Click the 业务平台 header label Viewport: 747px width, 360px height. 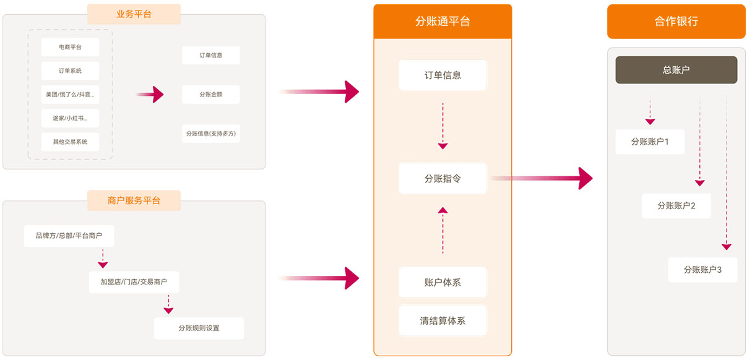[134, 14]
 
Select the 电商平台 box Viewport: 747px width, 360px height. [70, 47]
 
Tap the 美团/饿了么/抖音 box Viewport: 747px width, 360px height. [70, 94]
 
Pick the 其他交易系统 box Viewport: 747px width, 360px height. [70, 142]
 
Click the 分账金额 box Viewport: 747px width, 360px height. [210, 95]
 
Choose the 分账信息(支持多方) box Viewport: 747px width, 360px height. [210, 134]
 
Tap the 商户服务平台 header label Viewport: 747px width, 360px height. [134, 200]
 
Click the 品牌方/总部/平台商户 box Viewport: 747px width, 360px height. [69, 236]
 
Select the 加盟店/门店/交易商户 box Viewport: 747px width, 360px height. [134, 282]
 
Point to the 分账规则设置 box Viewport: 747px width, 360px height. [199, 328]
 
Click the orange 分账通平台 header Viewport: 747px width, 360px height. [443, 22]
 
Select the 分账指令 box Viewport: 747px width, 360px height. [443, 179]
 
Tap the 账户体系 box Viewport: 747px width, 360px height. [443, 282]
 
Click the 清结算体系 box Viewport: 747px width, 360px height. [443, 320]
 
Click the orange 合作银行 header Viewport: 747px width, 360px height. [676, 22]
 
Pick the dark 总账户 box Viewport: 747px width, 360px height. [676, 70]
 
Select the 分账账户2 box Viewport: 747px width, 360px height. [676, 205]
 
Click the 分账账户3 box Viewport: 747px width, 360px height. [702, 270]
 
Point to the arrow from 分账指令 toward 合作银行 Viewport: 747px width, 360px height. [542, 178]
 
